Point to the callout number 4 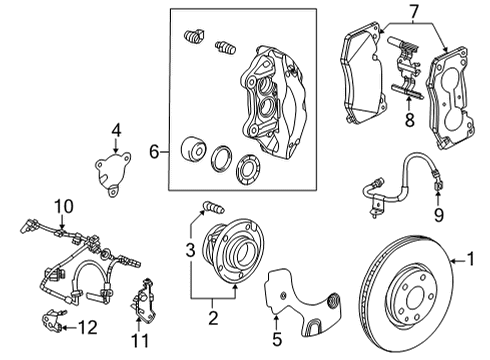[x=116, y=129]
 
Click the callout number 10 [x=63, y=206]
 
